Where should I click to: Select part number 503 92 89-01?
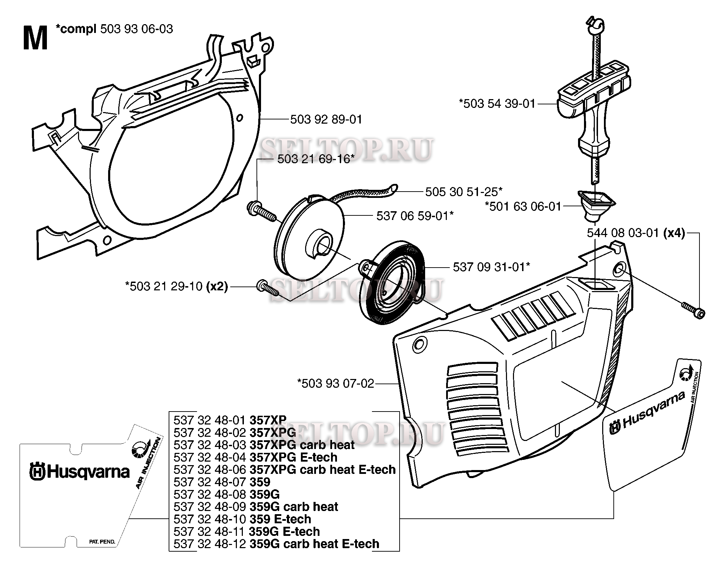pos(326,119)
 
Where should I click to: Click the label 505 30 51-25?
pos(464,192)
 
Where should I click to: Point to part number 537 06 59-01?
pos(415,216)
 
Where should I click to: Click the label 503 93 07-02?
pos(336,384)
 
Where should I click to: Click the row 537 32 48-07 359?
pos(222,482)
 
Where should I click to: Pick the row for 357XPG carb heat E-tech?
pos(284,469)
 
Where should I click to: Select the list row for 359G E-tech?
pos(246,531)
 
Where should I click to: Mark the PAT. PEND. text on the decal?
pos(102,541)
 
